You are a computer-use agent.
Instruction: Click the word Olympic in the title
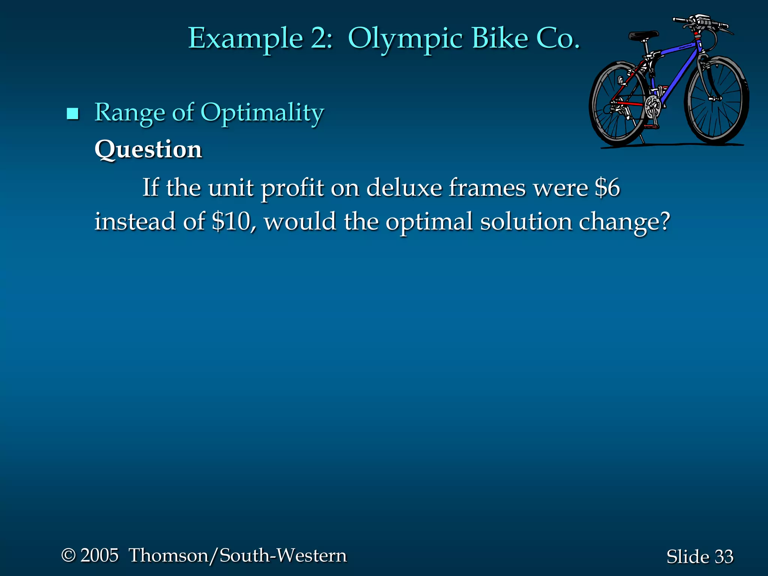click(x=405, y=39)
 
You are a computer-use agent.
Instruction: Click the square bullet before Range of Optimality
click(x=72, y=114)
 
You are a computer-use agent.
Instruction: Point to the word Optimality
click(x=262, y=113)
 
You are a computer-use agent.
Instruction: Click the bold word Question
click(x=148, y=150)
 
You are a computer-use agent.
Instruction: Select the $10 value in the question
click(x=231, y=221)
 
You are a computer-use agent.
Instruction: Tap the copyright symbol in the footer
click(x=69, y=555)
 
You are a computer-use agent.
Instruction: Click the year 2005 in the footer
click(x=99, y=555)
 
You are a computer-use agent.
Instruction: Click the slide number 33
click(x=724, y=556)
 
